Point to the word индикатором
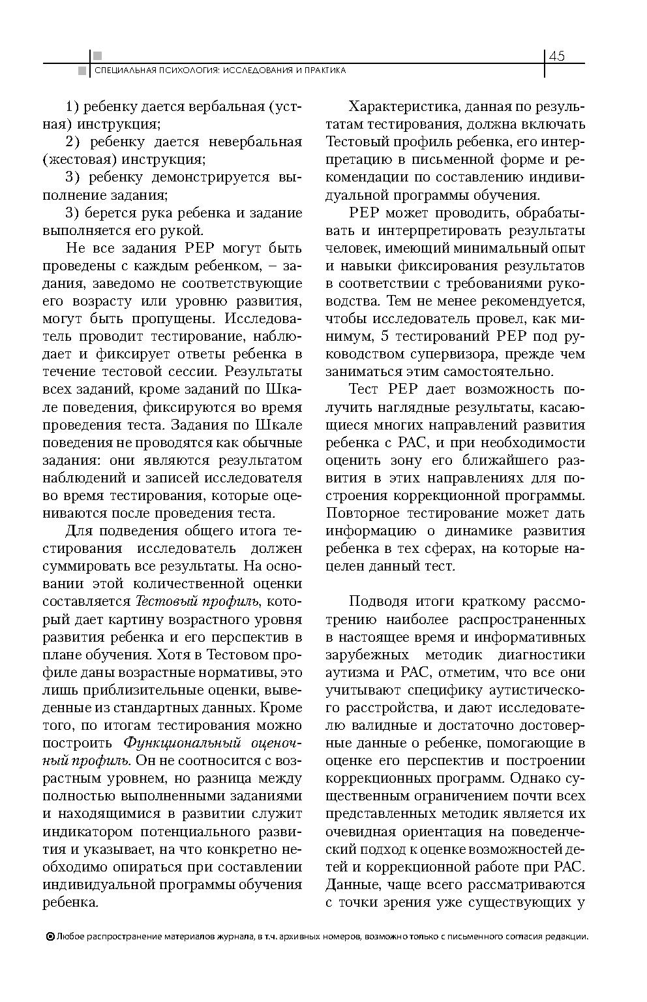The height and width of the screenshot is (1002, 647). click(83, 832)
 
